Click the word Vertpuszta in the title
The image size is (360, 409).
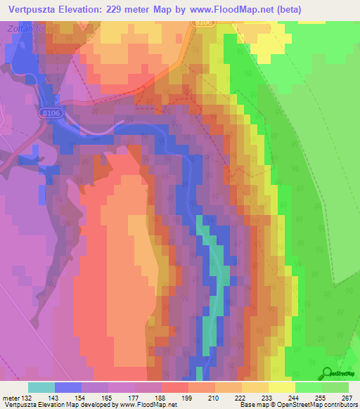click(31, 9)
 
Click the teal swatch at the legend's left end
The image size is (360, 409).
click(41, 387)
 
